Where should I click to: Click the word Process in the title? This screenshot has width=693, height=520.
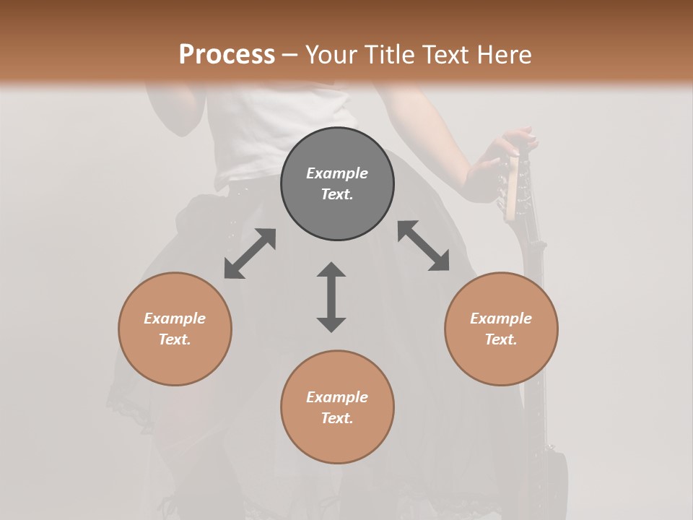tap(227, 55)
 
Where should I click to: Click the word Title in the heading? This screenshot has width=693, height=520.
tap(388, 55)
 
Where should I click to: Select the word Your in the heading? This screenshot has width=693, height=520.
tap(333, 55)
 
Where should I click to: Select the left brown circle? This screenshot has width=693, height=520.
tap(175, 361)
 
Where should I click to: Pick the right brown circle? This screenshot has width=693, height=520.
tap(501, 361)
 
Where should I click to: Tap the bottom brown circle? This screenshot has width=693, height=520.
tap(337, 441)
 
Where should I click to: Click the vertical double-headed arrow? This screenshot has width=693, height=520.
tap(331, 297)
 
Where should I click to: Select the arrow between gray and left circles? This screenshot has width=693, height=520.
tap(250, 253)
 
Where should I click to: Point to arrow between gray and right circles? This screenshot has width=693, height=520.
tap(423, 246)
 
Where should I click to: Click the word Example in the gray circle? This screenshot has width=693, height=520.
tap(337, 173)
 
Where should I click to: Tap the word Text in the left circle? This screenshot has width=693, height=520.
tap(175, 339)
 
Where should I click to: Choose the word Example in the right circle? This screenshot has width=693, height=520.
tap(501, 318)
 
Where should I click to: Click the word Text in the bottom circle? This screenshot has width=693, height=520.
tap(337, 418)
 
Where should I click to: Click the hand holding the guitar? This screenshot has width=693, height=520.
tap(498, 162)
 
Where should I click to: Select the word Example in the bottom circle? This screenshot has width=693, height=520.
tap(337, 397)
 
